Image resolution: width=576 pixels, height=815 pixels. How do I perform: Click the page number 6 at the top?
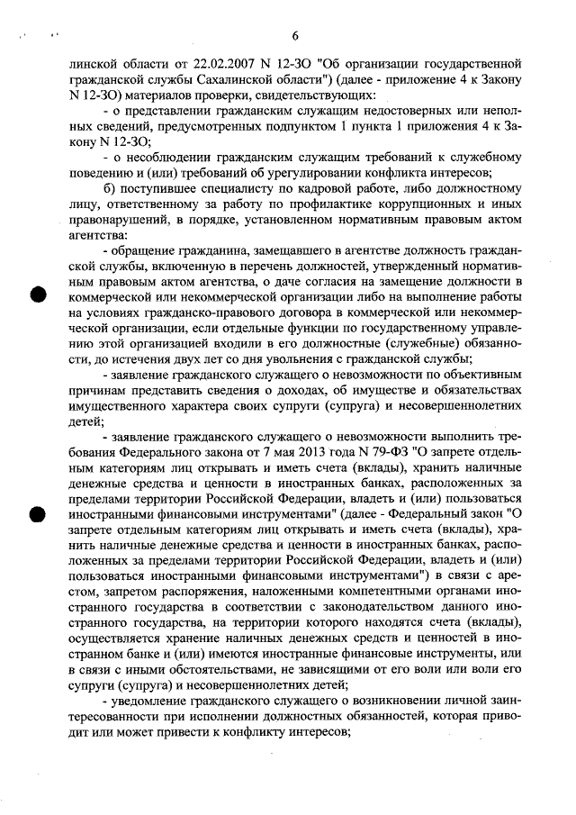pyautogui.click(x=294, y=36)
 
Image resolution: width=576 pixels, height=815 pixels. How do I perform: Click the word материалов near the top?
pyautogui.click(x=148, y=95)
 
